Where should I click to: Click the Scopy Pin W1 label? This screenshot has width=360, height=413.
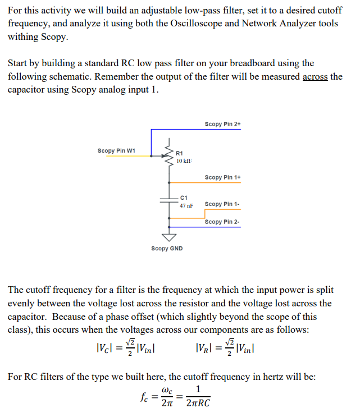[116, 150]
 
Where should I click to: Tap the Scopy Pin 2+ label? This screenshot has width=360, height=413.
[222, 124]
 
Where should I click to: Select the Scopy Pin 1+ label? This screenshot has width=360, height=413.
[222, 177]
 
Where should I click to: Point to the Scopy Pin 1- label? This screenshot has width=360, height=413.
[222, 204]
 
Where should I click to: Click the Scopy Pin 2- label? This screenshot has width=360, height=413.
[222, 222]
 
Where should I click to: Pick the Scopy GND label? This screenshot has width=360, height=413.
[167, 249]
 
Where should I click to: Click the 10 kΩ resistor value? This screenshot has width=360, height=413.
[184, 161]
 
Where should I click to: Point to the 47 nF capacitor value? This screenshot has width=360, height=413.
[186, 206]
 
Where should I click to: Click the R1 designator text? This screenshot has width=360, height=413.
[180, 153]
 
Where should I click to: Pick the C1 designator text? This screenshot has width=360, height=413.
[184, 198]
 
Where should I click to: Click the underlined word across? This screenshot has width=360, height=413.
[315, 77]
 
